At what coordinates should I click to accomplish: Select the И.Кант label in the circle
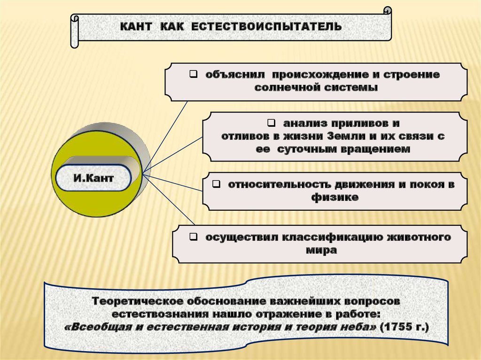point(93,178)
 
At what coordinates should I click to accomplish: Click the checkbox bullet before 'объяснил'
point(193,74)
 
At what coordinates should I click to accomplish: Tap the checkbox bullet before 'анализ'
point(272,123)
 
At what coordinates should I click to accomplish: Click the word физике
point(335,197)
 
